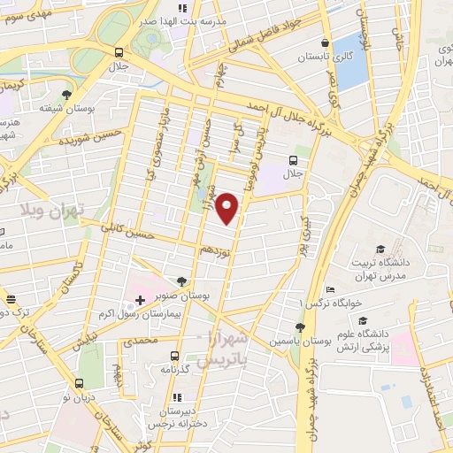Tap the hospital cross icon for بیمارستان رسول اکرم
tap(141, 301)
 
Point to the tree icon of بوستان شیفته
tap(67, 93)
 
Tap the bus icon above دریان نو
tap(81, 383)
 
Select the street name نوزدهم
tap(215, 250)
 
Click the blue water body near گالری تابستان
tap(351, 60)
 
